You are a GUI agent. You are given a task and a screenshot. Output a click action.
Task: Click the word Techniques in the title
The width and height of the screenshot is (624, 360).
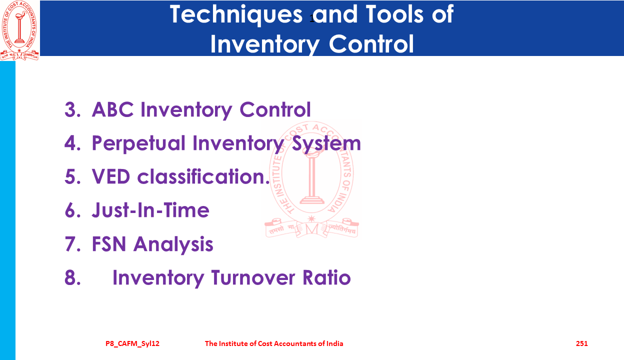click(236, 15)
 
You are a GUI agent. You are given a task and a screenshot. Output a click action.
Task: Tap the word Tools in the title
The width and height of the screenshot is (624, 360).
click(394, 14)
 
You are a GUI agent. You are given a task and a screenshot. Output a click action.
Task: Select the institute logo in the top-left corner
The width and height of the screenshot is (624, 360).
click(19, 30)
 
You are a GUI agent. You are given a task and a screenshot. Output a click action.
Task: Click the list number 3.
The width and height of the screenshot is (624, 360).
click(72, 109)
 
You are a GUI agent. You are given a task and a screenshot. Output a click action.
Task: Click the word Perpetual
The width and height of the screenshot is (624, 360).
click(138, 144)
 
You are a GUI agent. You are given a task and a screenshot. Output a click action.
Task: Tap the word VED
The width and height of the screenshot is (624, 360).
click(111, 176)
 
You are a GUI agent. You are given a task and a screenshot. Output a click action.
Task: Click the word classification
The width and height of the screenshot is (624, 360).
click(203, 176)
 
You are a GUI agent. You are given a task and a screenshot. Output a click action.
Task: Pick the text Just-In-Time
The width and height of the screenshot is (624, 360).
click(150, 210)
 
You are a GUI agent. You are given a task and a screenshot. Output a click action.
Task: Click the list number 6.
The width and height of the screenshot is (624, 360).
click(72, 210)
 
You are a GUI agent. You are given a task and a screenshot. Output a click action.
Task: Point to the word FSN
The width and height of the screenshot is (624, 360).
click(109, 244)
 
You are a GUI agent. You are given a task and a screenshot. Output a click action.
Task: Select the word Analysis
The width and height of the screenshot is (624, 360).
click(173, 244)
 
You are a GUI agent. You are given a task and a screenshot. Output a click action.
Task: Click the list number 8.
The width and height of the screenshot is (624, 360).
click(72, 278)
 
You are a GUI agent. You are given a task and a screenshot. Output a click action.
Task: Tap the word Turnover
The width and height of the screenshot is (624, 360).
click(253, 277)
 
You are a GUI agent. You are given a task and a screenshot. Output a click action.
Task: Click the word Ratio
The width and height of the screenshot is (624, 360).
click(326, 277)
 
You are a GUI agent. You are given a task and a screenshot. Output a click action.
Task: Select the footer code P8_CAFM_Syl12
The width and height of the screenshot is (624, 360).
click(132, 343)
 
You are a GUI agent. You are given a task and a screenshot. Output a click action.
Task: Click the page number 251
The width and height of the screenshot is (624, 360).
click(581, 343)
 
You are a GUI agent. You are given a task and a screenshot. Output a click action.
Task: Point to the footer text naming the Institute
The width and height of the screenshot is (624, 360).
click(274, 343)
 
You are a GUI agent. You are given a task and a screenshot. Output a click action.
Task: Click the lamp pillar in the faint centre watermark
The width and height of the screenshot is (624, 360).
click(312, 178)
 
